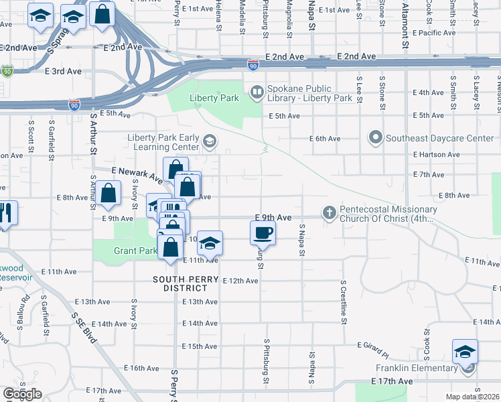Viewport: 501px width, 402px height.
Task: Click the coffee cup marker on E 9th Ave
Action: click(x=263, y=233)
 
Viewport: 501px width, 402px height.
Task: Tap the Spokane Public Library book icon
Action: click(x=256, y=91)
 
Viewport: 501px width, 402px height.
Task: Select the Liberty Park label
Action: click(x=214, y=98)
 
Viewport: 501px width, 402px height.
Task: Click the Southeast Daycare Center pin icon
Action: click(x=376, y=139)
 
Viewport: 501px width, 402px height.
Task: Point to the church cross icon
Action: click(x=329, y=212)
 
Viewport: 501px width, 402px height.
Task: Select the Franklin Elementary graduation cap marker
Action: click(x=466, y=351)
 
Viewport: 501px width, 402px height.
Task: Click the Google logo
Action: click(x=22, y=394)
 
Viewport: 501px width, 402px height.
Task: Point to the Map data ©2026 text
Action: click(x=472, y=397)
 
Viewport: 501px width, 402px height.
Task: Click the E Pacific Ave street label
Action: click(x=435, y=32)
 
